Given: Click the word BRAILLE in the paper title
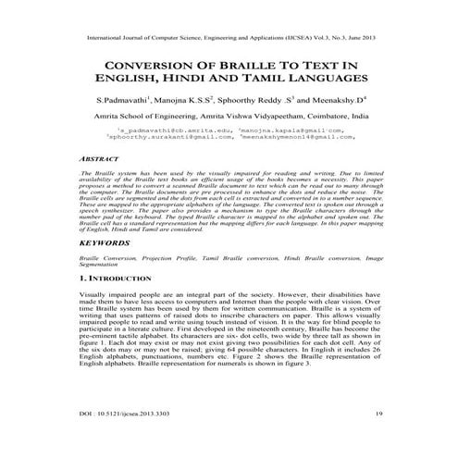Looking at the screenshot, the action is pyautogui.click(x=250, y=65).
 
